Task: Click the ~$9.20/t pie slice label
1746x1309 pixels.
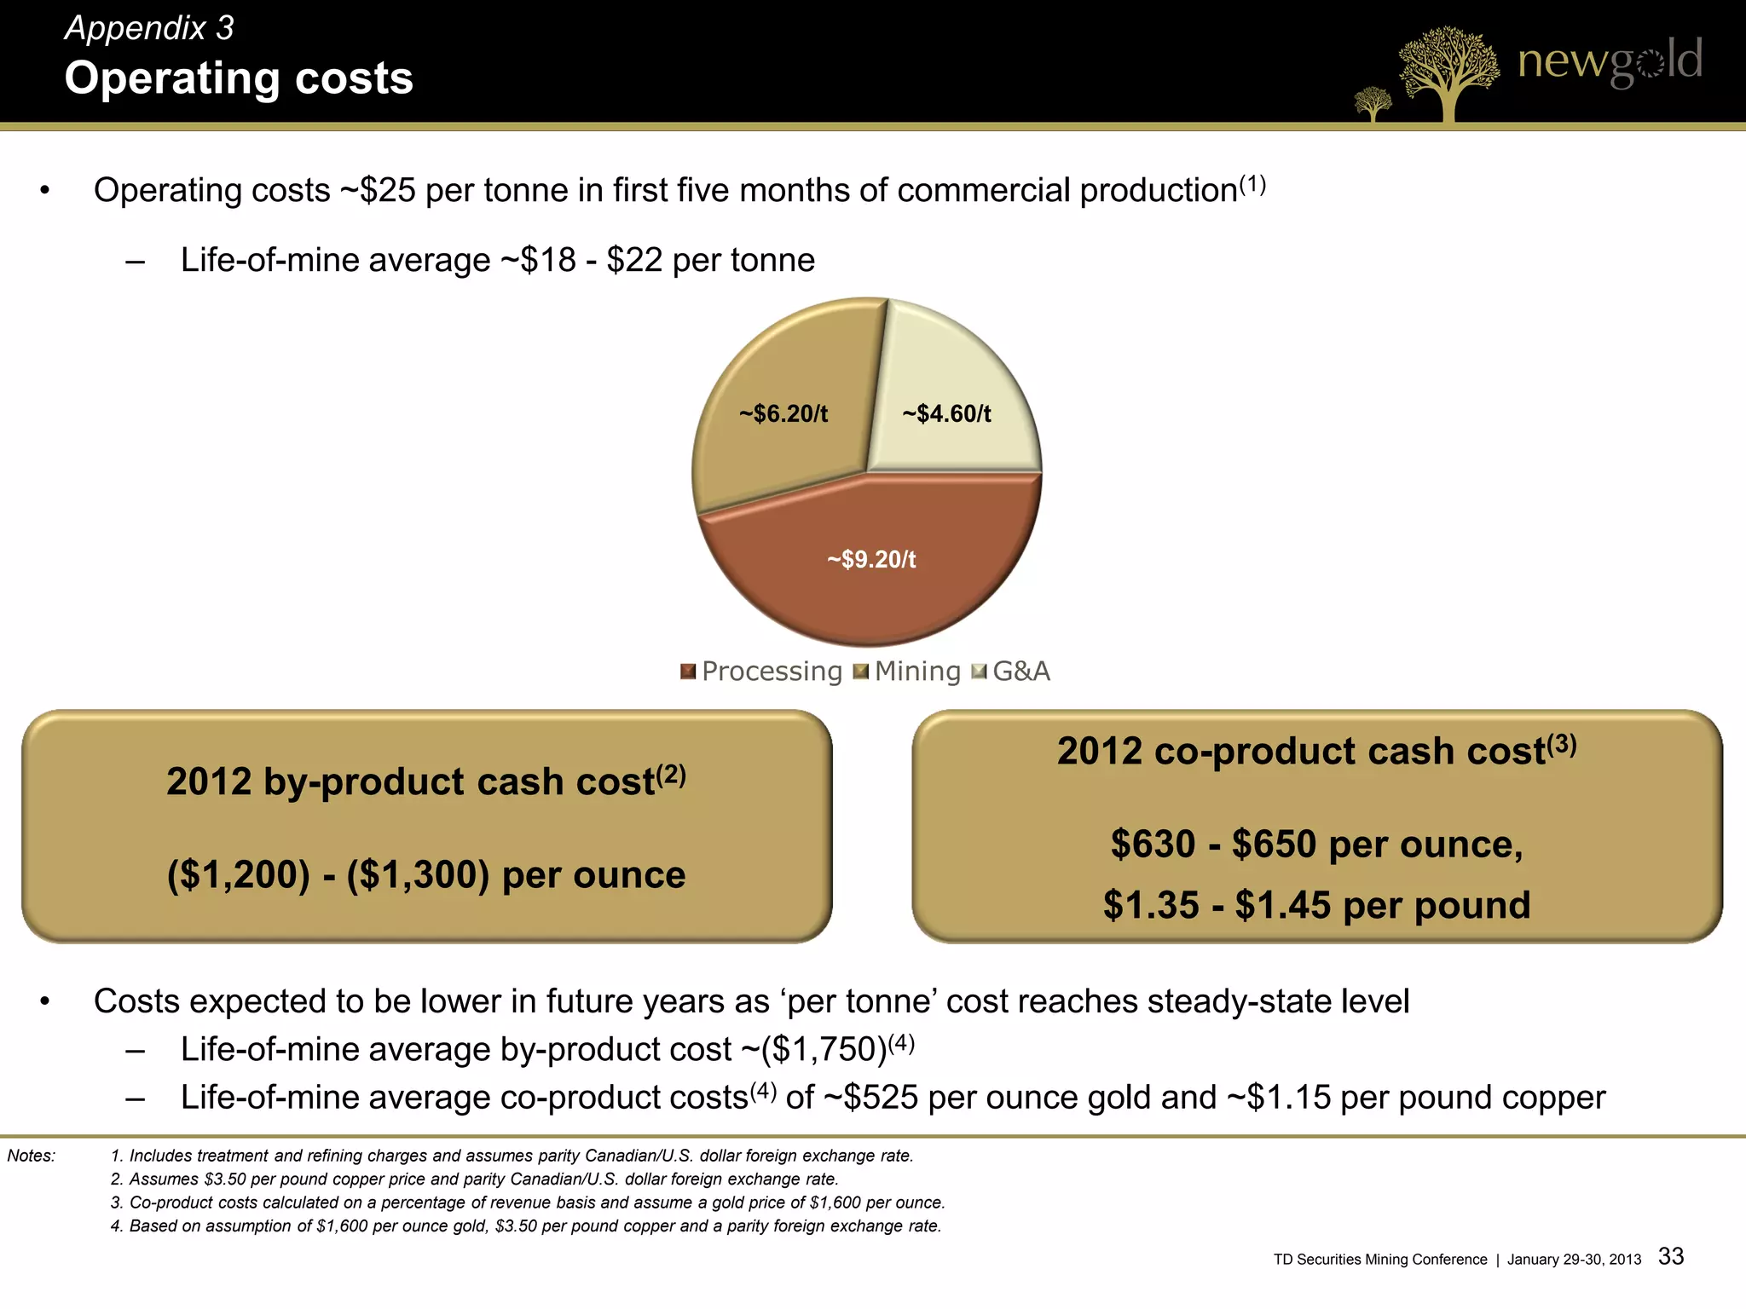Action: pos(871,560)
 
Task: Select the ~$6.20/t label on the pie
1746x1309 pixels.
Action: pos(783,414)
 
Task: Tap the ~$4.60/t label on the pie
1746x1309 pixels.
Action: pos(946,414)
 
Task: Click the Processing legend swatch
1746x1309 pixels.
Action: pos(688,672)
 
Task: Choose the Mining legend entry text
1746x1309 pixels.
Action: pos(917,672)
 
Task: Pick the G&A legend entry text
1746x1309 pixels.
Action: pos(1021,672)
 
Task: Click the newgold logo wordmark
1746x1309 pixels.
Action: pos(1610,61)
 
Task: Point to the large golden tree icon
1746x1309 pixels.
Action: pos(1448,72)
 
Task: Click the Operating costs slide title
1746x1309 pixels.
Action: pos(239,78)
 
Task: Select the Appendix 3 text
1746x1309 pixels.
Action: pos(149,28)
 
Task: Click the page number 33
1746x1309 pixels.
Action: pos(1671,1256)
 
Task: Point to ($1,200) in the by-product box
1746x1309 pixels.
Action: pos(239,875)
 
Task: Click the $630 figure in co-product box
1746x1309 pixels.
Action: pos(1153,845)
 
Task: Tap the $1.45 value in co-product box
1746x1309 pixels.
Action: pos(1284,905)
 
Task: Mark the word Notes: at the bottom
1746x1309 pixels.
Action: pos(32,1156)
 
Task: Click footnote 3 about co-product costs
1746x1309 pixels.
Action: pos(528,1202)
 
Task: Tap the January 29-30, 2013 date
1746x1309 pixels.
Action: pos(1574,1260)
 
